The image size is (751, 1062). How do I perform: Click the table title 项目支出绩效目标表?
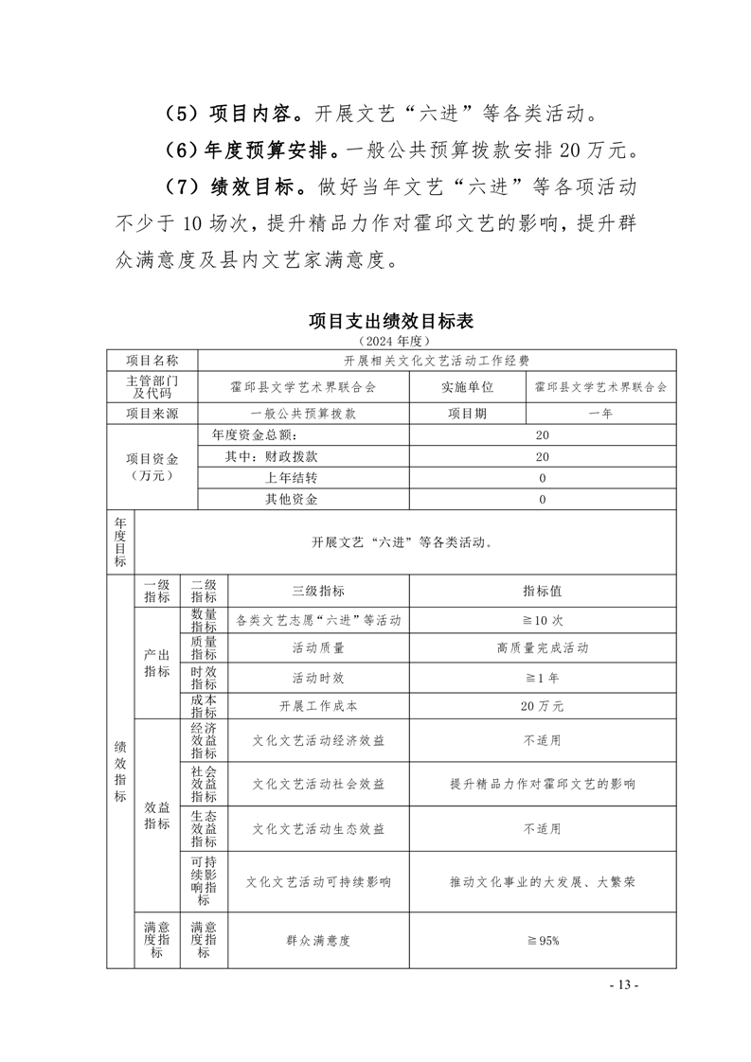point(390,321)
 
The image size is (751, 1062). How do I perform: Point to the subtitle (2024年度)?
point(390,339)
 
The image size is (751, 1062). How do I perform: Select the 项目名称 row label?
point(152,361)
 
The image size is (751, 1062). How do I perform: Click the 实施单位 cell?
point(467,386)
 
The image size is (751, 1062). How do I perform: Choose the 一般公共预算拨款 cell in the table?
point(303,413)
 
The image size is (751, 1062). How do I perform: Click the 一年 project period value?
point(600,413)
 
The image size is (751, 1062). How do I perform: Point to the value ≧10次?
point(543,620)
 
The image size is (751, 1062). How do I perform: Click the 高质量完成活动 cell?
point(543,648)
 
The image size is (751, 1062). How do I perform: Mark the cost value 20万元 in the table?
point(543,705)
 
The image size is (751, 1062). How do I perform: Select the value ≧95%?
point(543,940)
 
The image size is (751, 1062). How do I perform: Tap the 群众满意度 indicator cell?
point(318,940)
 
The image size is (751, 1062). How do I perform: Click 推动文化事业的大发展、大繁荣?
point(543,881)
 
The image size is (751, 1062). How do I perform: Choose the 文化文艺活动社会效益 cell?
point(318,784)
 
